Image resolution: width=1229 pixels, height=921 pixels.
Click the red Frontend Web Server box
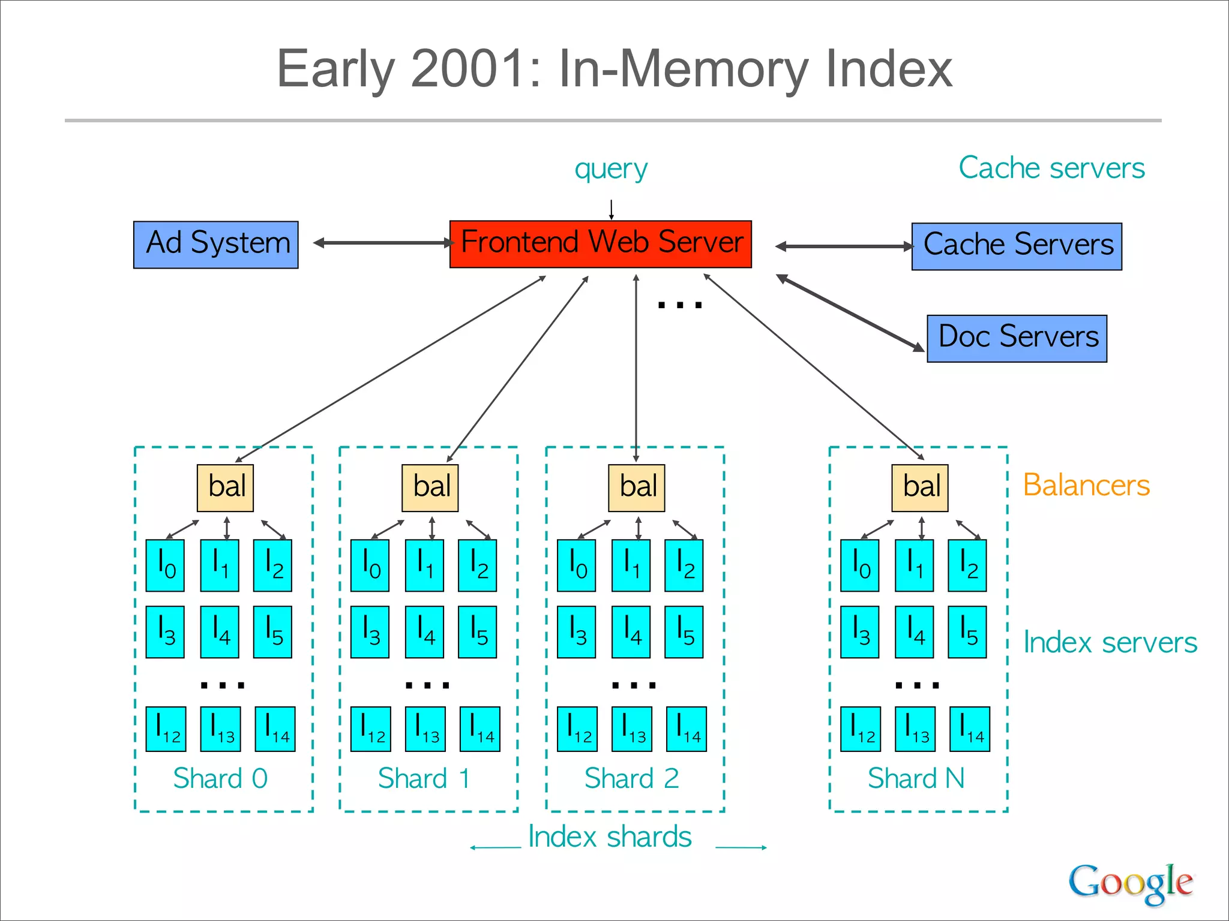600,243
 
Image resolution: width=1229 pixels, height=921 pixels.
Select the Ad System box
215,244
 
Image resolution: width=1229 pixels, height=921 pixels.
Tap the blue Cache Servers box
1017,246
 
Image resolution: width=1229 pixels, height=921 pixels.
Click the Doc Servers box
1017,338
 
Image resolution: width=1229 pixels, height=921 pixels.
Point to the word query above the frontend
611,169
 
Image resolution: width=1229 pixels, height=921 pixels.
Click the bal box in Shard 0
225,487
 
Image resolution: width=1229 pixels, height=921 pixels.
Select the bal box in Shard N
919,487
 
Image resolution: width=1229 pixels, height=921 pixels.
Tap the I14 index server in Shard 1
479,729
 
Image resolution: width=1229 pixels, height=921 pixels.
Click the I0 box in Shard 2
576,565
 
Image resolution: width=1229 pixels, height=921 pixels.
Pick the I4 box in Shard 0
219,631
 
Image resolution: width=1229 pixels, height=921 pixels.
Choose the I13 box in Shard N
915,729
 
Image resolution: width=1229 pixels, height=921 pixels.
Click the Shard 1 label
424,778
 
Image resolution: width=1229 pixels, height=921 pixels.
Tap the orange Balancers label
1086,485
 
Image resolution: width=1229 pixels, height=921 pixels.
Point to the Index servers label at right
1110,642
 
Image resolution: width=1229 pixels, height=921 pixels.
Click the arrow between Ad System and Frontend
384,243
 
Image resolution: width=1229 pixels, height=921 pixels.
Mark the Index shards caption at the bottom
610,836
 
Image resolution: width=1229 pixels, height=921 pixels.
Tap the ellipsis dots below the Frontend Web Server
679,305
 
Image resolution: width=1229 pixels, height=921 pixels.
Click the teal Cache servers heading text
1051,168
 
